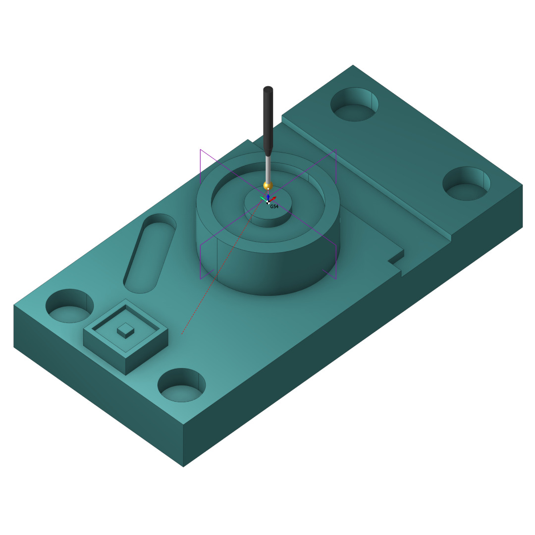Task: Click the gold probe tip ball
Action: (x=268, y=186)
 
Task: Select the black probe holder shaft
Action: (x=268, y=121)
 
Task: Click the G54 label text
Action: (x=274, y=207)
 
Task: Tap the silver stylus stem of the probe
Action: (x=268, y=169)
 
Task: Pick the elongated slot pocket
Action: (x=150, y=254)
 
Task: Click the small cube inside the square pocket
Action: (x=125, y=331)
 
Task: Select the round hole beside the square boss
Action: (x=70, y=306)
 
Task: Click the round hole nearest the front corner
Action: (x=181, y=385)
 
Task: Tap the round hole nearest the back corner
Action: (x=355, y=105)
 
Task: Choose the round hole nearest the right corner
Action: (x=467, y=184)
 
